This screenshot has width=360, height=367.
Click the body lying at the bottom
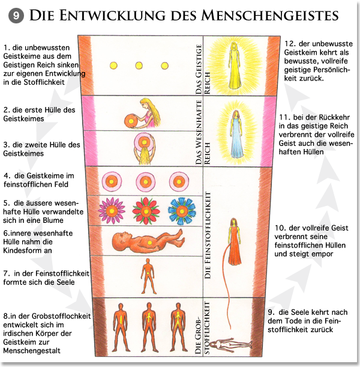[x=233, y=343]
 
